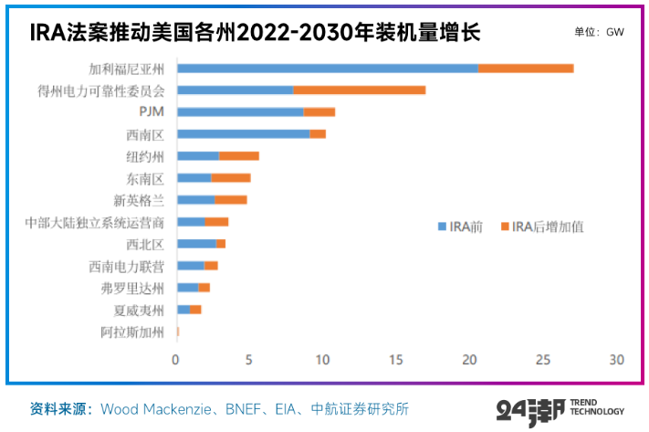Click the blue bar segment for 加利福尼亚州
(x=327, y=68)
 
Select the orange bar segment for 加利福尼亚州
(x=526, y=68)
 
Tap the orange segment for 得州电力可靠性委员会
(x=360, y=90)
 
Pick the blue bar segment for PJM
(x=239, y=112)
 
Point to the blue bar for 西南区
(x=243, y=134)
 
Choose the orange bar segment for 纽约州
(x=239, y=156)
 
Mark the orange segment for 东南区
(x=231, y=178)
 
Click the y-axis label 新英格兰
(x=139, y=200)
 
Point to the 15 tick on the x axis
(x=396, y=360)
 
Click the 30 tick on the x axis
(x=616, y=360)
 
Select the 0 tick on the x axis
(x=176, y=360)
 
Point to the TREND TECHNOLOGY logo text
(x=596, y=406)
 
